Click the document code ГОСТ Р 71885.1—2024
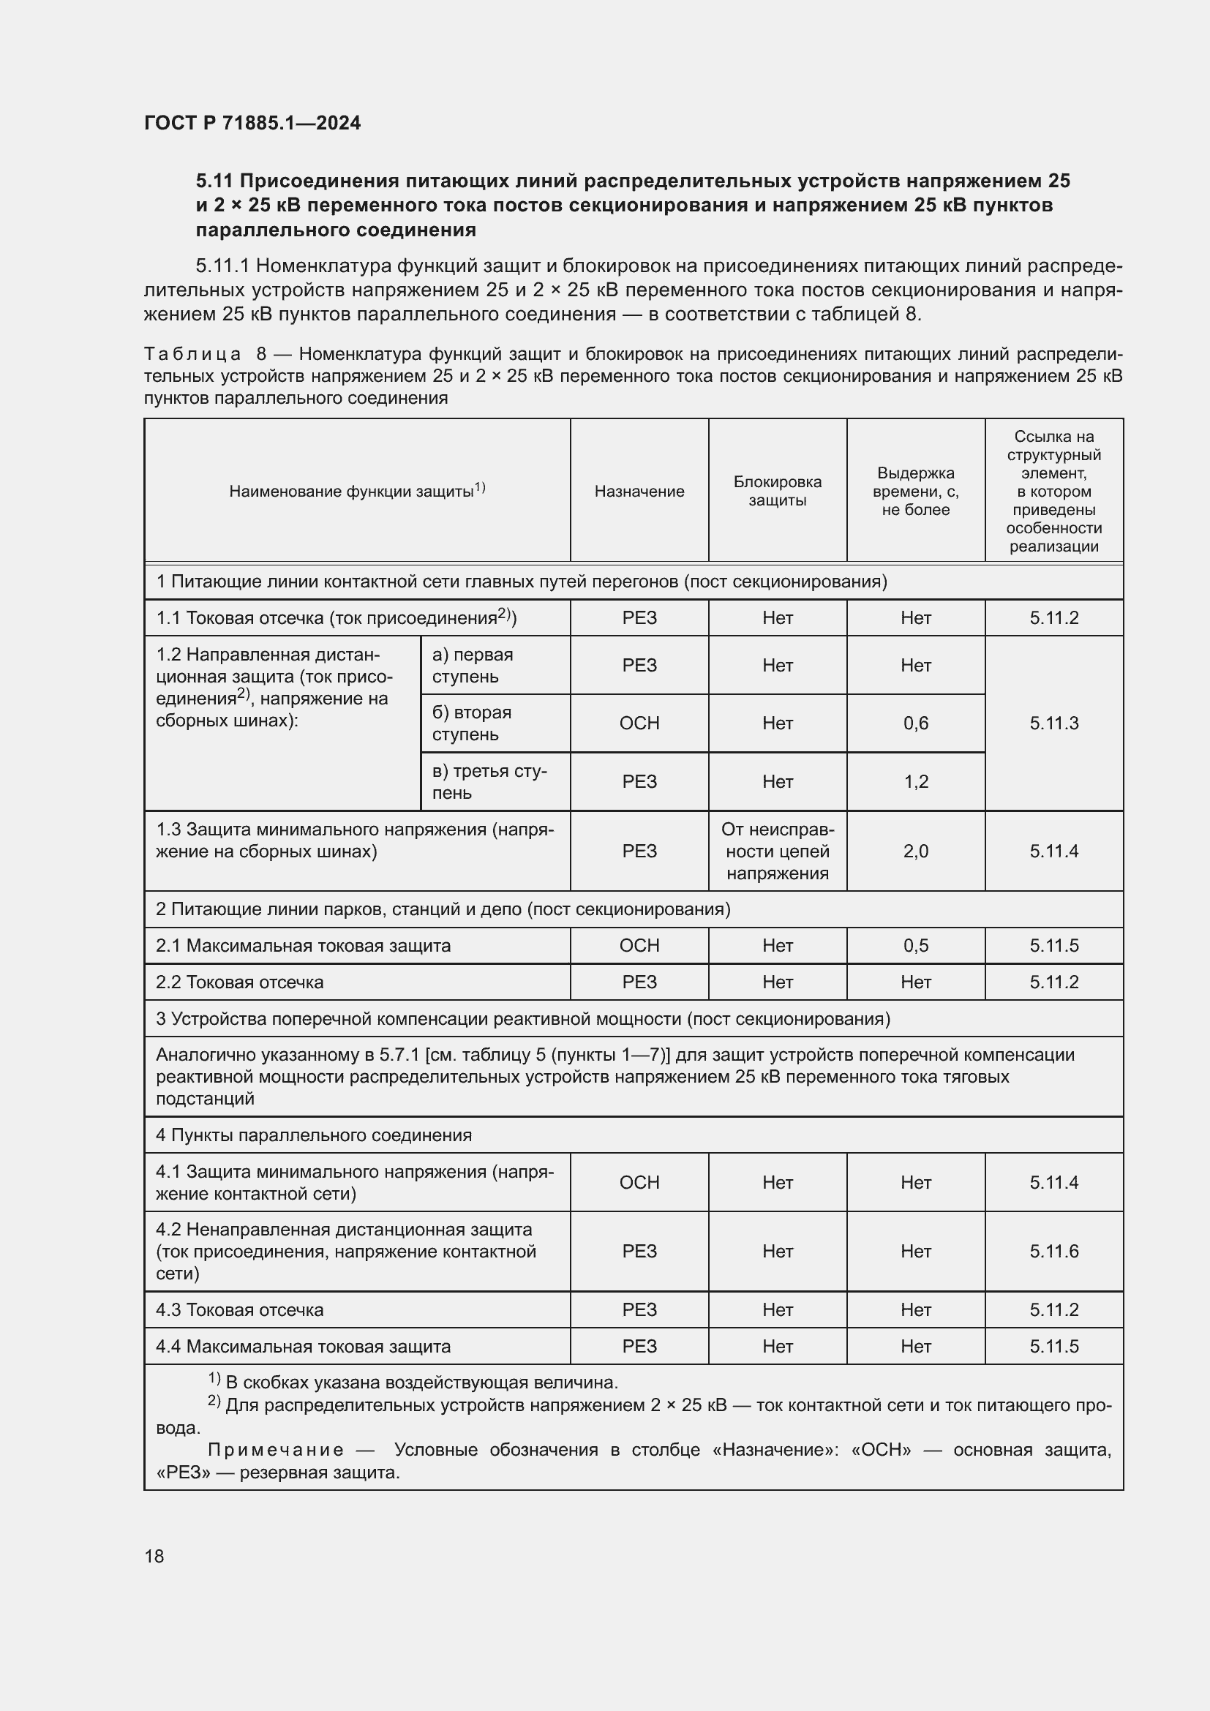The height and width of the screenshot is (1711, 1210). click(252, 123)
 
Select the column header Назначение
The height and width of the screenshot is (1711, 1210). click(639, 491)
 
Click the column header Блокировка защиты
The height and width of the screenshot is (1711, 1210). click(777, 491)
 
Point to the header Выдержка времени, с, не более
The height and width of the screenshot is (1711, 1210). click(915, 491)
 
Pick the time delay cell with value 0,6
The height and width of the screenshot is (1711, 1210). click(915, 723)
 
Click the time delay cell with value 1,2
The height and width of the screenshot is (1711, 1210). click(915, 781)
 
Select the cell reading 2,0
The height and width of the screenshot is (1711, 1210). click(915, 851)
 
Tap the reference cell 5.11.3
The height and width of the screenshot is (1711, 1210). click(1053, 723)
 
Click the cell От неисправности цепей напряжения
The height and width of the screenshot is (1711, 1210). click(777, 851)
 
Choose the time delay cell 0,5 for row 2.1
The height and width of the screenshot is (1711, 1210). click(915, 946)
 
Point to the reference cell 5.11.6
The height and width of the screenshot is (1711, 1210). click(1053, 1251)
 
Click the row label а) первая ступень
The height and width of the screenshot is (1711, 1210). click(473, 666)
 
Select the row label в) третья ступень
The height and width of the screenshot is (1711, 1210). click(489, 781)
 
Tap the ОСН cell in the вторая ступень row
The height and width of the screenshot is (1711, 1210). click(639, 723)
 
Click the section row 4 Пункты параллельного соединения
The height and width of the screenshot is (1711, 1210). click(313, 1135)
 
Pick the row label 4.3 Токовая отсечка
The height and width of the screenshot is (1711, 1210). click(239, 1309)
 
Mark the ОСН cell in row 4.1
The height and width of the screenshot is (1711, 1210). click(639, 1182)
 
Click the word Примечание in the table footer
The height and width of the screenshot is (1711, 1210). click(275, 1449)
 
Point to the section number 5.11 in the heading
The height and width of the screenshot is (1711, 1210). click(214, 181)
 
